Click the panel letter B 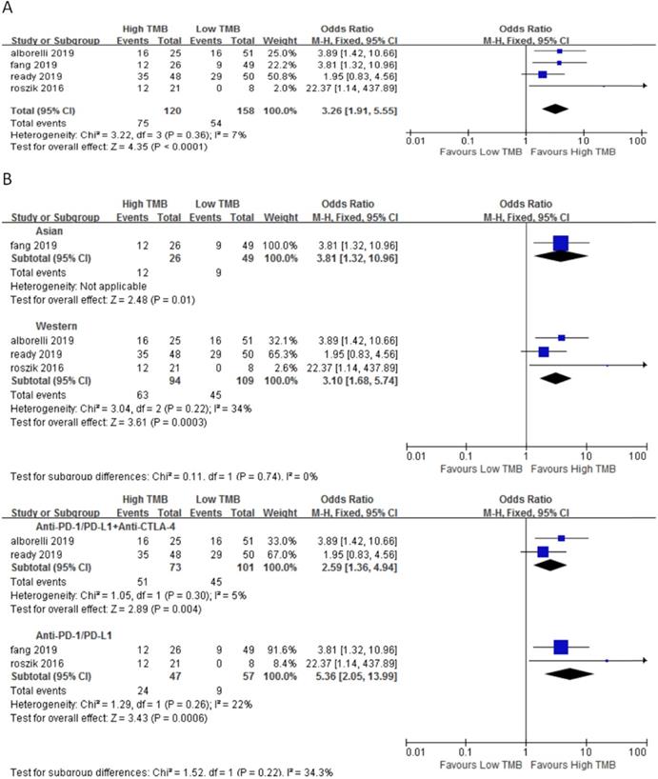(9, 177)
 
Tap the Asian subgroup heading (47, 229)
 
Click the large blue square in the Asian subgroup (560, 243)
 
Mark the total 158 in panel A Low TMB (217, 110)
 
